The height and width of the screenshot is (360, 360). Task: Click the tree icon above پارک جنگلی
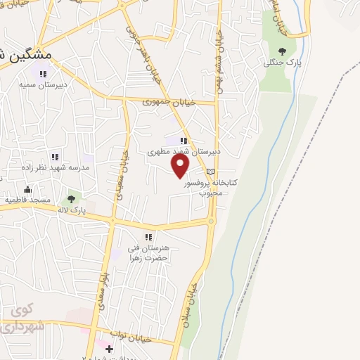[x=282, y=50]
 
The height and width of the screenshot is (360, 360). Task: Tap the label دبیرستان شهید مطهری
[x=184, y=151]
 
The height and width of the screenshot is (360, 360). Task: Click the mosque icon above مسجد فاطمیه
[x=27, y=188]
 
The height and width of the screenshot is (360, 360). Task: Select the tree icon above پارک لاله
[x=70, y=199]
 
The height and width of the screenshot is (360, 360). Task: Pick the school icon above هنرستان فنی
[x=148, y=237]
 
